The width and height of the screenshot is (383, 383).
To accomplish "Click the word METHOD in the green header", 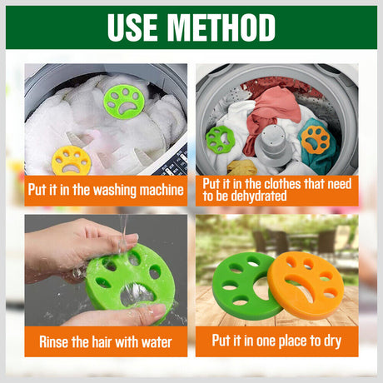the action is (x=221, y=27).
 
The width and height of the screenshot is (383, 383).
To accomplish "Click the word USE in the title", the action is (x=132, y=27).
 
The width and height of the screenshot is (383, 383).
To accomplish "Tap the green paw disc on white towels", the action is (x=124, y=102).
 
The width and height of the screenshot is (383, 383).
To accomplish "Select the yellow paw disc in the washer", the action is (x=71, y=161).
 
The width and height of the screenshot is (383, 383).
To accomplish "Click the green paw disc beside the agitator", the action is (x=220, y=139).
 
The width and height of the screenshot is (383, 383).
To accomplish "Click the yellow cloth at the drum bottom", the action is (x=241, y=167).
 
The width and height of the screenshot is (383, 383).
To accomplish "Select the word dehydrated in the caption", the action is (x=259, y=196).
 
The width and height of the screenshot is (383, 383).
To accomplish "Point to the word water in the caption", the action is (x=157, y=342).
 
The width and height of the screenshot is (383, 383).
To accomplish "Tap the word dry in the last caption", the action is (x=332, y=341).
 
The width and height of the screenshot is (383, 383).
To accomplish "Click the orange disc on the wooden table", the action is (x=306, y=286).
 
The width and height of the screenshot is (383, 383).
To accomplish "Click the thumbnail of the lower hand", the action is (x=157, y=311).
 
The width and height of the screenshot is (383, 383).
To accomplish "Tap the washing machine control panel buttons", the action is (x=173, y=164).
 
